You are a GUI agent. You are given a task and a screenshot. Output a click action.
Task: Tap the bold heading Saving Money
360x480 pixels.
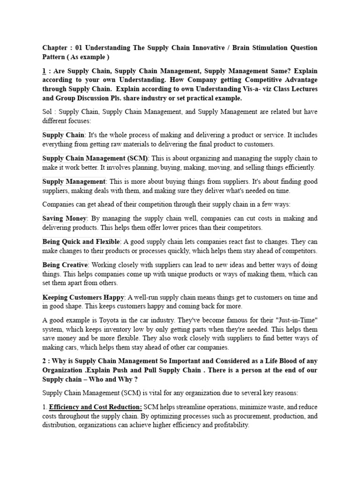65,218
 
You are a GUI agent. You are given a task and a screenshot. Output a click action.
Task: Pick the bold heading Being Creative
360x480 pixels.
65,265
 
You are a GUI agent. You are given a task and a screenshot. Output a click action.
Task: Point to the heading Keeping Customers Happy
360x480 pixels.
83,297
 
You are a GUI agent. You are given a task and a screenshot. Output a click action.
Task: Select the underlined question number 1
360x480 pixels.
45,71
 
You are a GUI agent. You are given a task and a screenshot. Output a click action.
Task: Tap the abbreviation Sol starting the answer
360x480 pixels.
47,112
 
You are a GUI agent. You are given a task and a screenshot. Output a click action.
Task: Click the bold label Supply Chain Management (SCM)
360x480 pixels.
95,158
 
